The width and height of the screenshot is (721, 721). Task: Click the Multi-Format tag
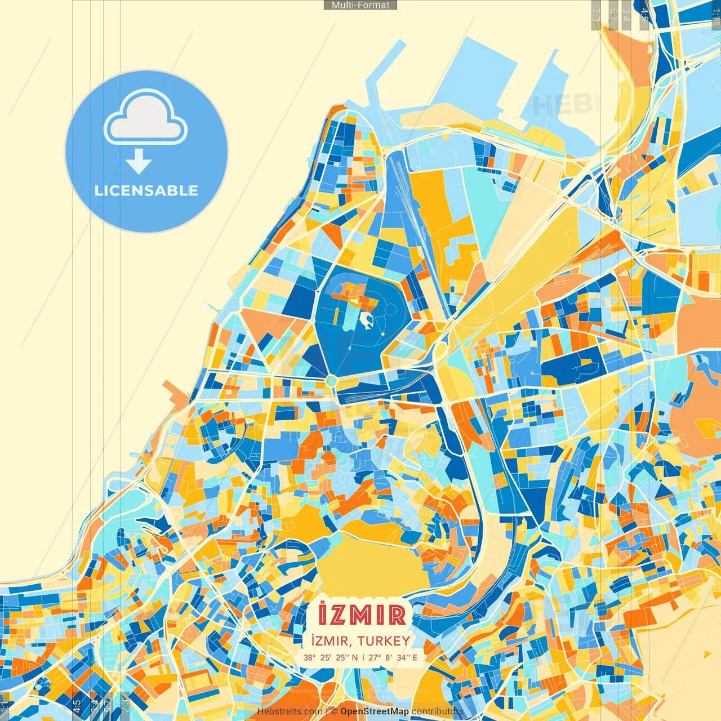pyautogui.click(x=360, y=5)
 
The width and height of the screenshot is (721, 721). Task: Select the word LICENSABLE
pyautogui.click(x=146, y=190)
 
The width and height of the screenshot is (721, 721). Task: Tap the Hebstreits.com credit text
pyautogui.click(x=290, y=711)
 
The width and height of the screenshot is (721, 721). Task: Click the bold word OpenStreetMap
pyautogui.click(x=375, y=711)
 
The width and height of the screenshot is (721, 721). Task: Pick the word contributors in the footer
pyautogui.click(x=438, y=711)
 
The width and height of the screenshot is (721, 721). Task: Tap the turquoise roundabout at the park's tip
pyautogui.click(x=331, y=381)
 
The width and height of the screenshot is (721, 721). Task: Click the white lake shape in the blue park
pyautogui.click(x=366, y=321)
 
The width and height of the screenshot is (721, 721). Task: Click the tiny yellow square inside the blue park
pyautogui.click(x=383, y=335)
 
